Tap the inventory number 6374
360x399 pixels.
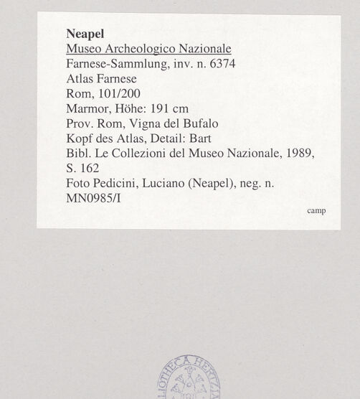point(231,64)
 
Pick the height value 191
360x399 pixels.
point(158,109)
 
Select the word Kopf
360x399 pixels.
point(77,139)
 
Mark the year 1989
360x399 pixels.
point(299,154)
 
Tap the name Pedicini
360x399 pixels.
point(113,184)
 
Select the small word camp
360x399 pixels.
point(316,211)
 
